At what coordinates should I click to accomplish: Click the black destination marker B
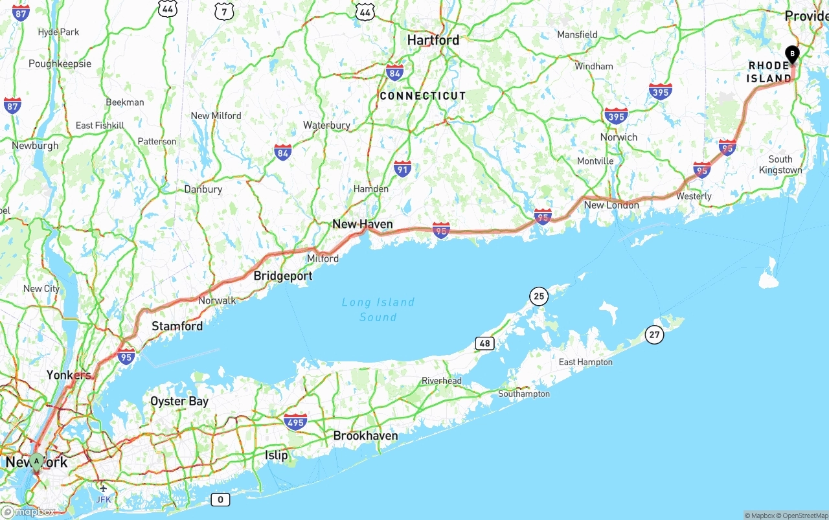pyautogui.click(x=791, y=54)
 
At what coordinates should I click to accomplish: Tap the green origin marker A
pyautogui.click(x=37, y=461)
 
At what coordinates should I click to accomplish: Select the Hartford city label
pyautogui.click(x=433, y=40)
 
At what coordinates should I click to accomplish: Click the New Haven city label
pyautogui.click(x=362, y=224)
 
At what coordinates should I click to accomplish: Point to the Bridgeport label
pyautogui.click(x=282, y=276)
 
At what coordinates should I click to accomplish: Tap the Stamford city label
pyautogui.click(x=177, y=326)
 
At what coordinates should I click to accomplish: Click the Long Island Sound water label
pyautogui.click(x=378, y=310)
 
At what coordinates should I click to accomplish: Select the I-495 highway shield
pyautogui.click(x=295, y=422)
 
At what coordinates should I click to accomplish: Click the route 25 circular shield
pyautogui.click(x=538, y=297)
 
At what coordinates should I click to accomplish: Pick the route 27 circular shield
pyautogui.click(x=654, y=334)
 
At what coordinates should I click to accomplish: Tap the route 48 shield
pyautogui.click(x=484, y=343)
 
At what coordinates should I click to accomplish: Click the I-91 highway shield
pyautogui.click(x=402, y=168)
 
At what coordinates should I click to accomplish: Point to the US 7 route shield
pyautogui.click(x=224, y=10)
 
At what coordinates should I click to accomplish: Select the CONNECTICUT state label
pyautogui.click(x=422, y=96)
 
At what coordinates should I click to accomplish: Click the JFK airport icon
pyautogui.click(x=103, y=488)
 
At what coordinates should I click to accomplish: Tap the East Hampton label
pyautogui.click(x=585, y=362)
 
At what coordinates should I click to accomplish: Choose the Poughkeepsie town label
pyautogui.click(x=60, y=63)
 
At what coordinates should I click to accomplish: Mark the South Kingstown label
pyautogui.click(x=780, y=164)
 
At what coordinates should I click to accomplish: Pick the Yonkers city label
pyautogui.click(x=68, y=375)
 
